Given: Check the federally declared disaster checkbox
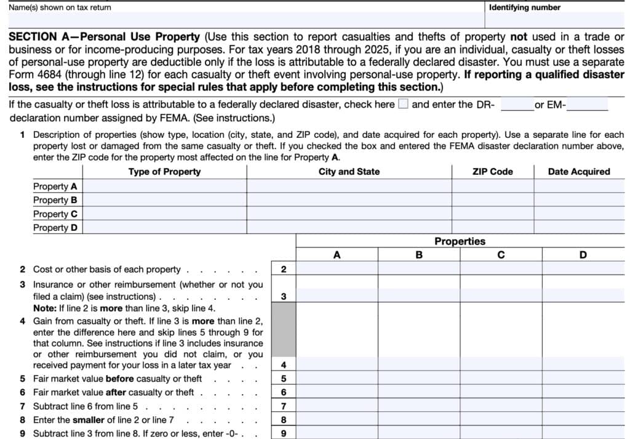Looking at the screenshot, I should (x=403, y=104).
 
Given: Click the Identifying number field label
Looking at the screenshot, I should (x=524, y=7).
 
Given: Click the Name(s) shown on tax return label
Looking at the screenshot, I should (x=60, y=7).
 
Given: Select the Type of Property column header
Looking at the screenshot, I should (x=164, y=172).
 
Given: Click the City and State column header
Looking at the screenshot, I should (x=349, y=172).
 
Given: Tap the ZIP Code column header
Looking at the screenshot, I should (x=492, y=172).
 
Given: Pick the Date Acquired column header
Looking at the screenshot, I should (x=578, y=172).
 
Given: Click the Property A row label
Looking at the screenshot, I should (x=55, y=186).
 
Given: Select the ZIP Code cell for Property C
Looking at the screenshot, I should (x=492, y=214).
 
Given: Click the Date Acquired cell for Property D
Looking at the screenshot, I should (x=578, y=227).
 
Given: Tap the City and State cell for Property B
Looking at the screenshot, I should (x=349, y=199).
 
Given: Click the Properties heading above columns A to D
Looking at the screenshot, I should (x=460, y=241).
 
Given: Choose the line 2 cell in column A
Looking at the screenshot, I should (x=337, y=269).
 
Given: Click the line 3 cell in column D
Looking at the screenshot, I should (x=583, y=296).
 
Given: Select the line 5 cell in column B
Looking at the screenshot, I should (x=418, y=379).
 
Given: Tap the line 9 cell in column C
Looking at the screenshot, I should (x=501, y=433).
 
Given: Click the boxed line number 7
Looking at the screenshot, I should (x=283, y=406).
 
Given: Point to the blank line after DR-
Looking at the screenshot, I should (x=516, y=105).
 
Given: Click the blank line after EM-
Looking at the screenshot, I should (x=587, y=105).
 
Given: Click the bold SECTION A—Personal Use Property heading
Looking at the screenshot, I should (x=104, y=37).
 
